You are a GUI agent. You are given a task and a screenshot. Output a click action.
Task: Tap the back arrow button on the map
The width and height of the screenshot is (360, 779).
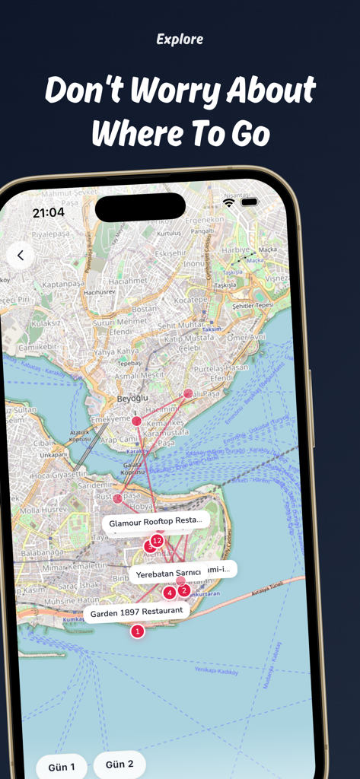point(21,256)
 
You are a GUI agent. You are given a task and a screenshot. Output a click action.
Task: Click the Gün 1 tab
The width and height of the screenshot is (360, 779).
point(62,767)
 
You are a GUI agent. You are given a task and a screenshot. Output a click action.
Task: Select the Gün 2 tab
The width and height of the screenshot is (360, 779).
point(119,765)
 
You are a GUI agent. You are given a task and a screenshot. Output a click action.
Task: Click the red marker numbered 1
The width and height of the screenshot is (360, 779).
point(137,631)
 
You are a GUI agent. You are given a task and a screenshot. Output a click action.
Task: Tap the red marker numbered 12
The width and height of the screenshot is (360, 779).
point(157,541)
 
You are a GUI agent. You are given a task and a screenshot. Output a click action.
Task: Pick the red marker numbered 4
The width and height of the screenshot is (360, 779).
point(169,593)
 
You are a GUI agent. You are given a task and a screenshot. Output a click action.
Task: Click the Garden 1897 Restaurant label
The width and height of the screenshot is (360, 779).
point(136,612)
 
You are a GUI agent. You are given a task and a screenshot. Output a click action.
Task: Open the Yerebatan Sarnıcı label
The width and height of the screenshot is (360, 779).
point(168,573)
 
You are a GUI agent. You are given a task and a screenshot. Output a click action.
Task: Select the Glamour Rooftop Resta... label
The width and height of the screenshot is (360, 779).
point(156,523)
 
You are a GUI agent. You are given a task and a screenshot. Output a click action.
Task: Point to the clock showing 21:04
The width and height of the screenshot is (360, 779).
point(48,213)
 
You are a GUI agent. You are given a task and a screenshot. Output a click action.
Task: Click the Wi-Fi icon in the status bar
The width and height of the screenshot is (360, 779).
point(229,202)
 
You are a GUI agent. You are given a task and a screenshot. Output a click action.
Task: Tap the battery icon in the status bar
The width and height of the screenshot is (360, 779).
point(249,202)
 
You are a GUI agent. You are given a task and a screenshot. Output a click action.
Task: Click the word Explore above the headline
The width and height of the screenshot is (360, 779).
point(180,39)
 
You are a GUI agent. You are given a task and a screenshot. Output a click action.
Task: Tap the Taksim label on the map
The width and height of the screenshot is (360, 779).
point(211,329)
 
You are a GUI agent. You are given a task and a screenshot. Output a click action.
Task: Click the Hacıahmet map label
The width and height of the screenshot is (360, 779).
point(127,281)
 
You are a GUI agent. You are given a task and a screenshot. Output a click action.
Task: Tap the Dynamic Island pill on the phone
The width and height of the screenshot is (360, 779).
point(140,207)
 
